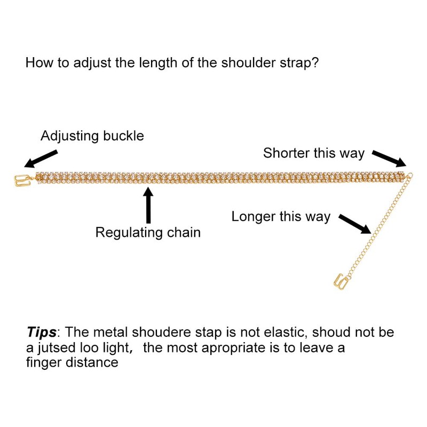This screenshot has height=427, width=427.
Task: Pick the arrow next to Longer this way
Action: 355,224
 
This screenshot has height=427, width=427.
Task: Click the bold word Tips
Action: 41,332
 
